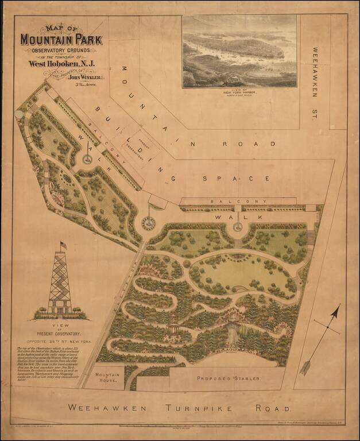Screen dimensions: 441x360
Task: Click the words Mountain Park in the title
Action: click(x=61, y=40)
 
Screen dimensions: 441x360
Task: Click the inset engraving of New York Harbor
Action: click(x=239, y=51)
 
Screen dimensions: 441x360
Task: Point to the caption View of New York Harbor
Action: click(x=239, y=92)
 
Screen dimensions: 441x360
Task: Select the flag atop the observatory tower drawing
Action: click(x=63, y=245)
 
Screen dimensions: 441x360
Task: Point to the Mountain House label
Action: click(x=109, y=377)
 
